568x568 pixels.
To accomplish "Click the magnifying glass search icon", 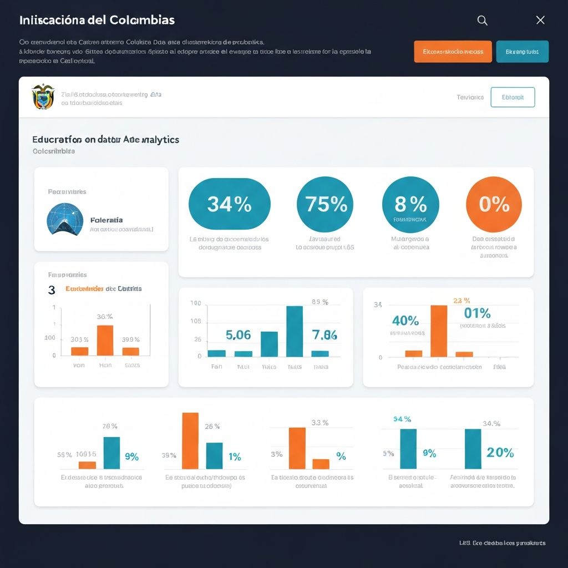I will click(x=483, y=21).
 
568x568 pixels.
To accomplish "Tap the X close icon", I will click(x=540, y=21).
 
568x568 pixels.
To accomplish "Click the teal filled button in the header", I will click(x=522, y=52).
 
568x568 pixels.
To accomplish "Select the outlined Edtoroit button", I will click(x=513, y=97).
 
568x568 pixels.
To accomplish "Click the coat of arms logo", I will click(x=43, y=97).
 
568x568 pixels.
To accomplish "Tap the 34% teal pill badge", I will click(x=230, y=204).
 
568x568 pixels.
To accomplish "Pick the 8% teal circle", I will click(x=410, y=204).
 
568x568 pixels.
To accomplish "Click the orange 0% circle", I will click(x=494, y=204).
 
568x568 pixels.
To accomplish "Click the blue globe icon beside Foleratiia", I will click(x=65, y=219).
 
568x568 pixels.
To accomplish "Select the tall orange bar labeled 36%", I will click(x=105, y=340).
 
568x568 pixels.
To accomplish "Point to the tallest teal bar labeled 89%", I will click(x=295, y=331).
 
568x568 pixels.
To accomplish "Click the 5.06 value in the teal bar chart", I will click(x=239, y=335).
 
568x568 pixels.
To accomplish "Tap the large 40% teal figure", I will click(x=405, y=321).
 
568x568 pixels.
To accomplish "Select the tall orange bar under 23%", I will click(x=439, y=331).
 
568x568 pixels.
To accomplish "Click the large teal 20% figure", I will click(x=500, y=452).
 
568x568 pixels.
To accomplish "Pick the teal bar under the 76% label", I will click(x=111, y=453).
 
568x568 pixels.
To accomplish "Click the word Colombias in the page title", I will click(x=142, y=20).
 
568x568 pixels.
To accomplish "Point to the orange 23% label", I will click(x=461, y=300).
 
